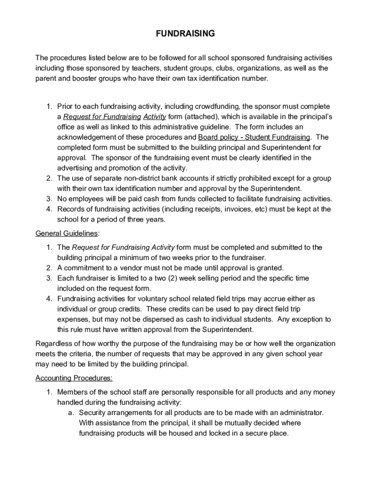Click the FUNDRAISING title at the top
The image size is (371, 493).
point(185,34)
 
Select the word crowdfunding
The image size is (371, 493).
point(218,106)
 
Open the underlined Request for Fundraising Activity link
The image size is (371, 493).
point(115,117)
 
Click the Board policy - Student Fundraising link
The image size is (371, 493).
point(251,137)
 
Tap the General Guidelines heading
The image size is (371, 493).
point(66,234)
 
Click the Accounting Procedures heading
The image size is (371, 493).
point(74,378)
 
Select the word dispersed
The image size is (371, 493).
point(146,320)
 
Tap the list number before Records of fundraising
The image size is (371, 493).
point(49,209)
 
